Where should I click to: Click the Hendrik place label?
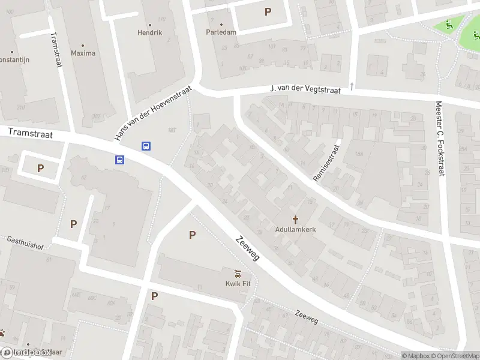pos(149,32)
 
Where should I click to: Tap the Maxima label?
pos(83,53)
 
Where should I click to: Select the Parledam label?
pos(221,32)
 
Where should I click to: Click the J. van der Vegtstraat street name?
pos(305,89)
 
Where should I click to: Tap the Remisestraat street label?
pos(326,163)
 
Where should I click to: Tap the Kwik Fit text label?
pos(238,284)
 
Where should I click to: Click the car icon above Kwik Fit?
pos(238,274)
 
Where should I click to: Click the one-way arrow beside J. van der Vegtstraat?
pos(352,86)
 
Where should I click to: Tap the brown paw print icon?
pos(3,332)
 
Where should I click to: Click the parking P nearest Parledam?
pos(268,11)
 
